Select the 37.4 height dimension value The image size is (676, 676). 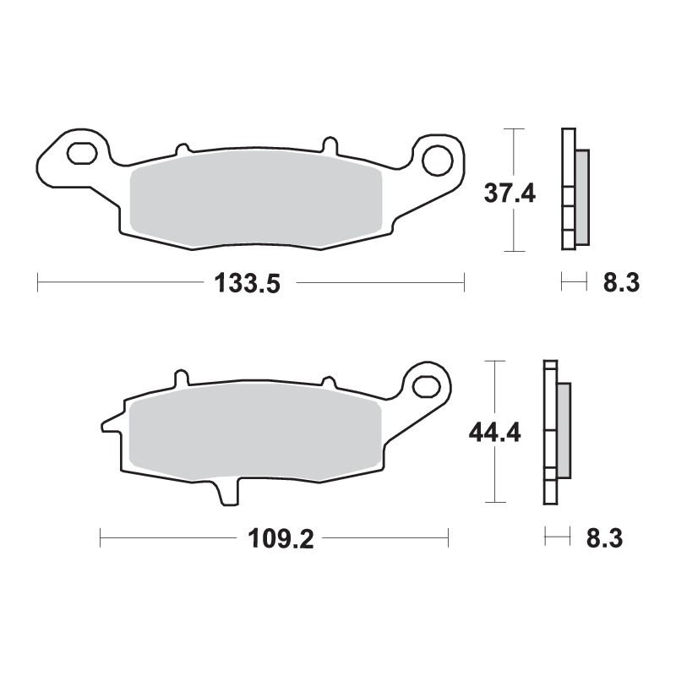510,194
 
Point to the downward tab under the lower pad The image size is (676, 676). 229,493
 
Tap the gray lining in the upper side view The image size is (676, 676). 582,196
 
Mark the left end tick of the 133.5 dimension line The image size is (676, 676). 38,283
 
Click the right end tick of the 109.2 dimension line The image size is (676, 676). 448,538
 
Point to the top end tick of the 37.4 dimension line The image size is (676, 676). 514,129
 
